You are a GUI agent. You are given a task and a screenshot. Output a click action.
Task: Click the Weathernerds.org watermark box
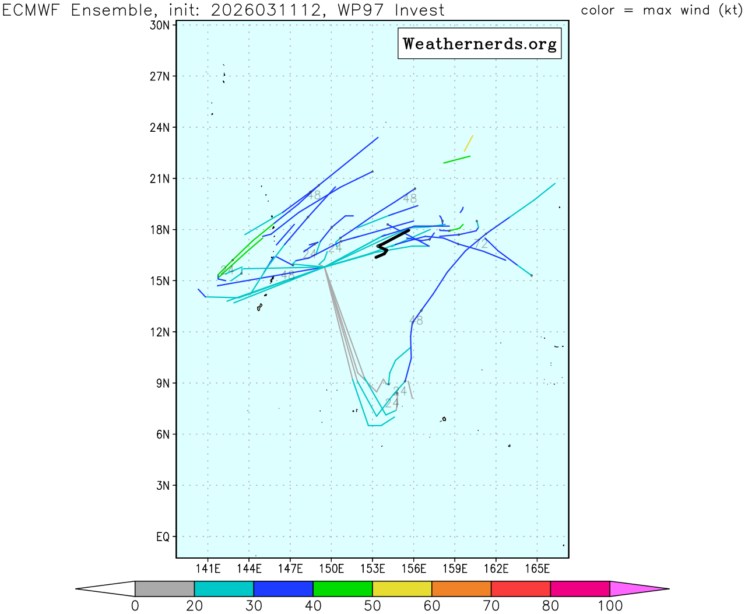479,44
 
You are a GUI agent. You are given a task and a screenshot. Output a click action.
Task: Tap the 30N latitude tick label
160,25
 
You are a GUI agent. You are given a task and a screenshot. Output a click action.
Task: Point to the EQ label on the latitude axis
163,536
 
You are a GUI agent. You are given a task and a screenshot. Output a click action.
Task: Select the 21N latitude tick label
160,178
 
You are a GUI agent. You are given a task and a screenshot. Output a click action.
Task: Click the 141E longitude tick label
208,569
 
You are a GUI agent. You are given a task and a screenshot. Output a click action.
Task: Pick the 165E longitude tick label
537,569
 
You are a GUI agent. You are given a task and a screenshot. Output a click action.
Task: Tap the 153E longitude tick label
372,569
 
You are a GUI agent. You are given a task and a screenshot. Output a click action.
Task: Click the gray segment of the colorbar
164,589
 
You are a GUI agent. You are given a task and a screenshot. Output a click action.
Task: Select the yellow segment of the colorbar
402,589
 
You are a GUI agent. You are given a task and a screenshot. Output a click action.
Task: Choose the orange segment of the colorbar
461,589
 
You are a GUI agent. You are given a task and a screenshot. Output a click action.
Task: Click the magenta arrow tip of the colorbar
635,589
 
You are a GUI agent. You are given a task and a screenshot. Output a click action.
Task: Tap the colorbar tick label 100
610,606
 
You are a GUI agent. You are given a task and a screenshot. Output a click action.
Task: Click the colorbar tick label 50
372,606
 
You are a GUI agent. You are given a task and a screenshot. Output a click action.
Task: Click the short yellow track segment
469,143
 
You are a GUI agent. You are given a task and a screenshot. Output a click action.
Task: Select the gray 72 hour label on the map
481,244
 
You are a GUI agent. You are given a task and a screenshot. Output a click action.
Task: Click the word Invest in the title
419,10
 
